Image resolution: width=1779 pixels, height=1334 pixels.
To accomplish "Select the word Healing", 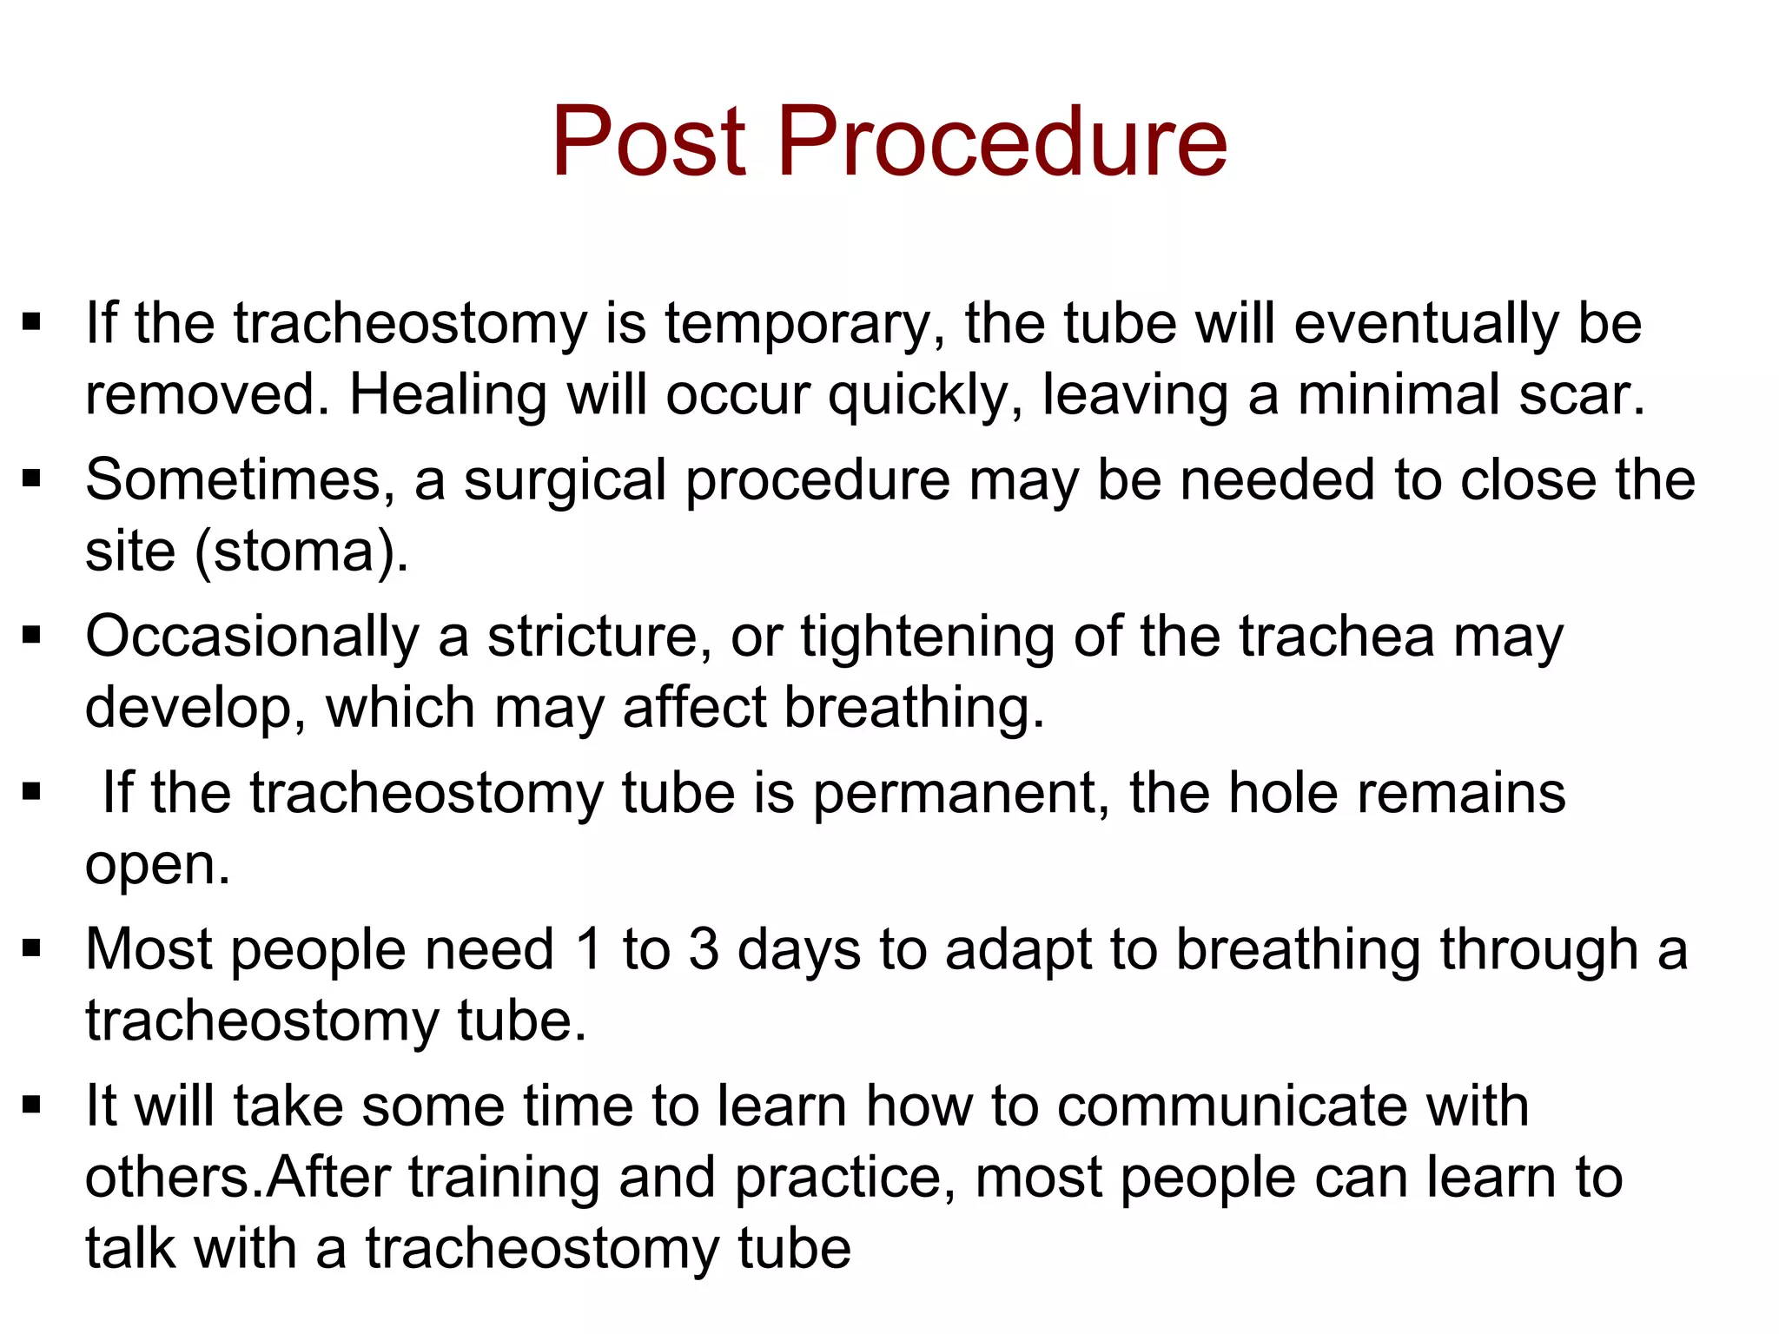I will (448, 395).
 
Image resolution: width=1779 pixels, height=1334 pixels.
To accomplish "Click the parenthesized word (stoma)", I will (301, 552).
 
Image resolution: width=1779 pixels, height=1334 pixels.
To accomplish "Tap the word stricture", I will (599, 637).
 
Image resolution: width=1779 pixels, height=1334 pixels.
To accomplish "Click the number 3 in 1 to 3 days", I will (704, 949).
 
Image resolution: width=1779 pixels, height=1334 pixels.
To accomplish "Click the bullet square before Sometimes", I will (32, 479).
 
